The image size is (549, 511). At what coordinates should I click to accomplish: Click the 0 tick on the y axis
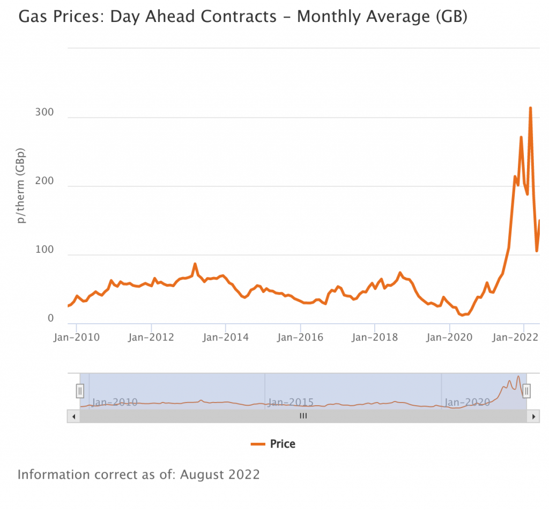click(x=51, y=319)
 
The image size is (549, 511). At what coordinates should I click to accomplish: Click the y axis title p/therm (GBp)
click(x=21, y=185)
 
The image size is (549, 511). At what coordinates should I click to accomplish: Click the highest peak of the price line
click(x=530, y=108)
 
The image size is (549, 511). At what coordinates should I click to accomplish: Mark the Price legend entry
click(x=273, y=444)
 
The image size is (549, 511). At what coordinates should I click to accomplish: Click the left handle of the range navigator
click(x=80, y=391)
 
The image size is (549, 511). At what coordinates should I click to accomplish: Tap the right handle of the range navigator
click(x=526, y=391)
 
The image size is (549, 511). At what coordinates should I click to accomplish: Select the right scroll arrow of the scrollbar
click(x=533, y=416)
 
